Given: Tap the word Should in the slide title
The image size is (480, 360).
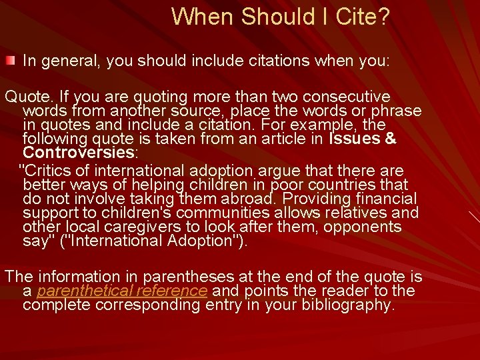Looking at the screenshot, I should [x=271, y=17].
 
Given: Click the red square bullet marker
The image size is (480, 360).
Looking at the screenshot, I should [x=9, y=61].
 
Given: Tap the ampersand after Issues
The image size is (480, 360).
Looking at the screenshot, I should [x=391, y=139].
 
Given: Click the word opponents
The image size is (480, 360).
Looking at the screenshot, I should [x=366, y=227].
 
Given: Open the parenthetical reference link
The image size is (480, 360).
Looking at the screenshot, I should [x=122, y=291].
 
